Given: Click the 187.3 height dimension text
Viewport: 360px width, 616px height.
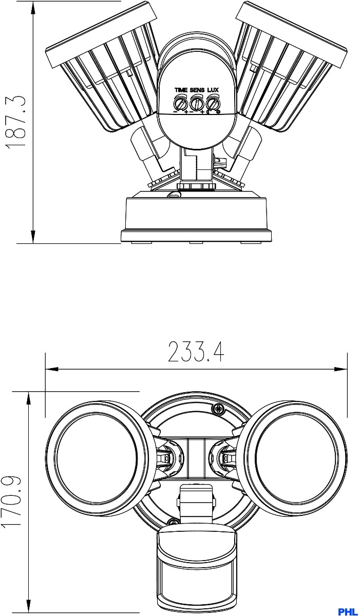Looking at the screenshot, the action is [17, 123].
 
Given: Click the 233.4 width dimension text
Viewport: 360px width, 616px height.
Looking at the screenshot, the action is [196, 352].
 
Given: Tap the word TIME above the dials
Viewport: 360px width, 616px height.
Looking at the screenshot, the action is [181, 90].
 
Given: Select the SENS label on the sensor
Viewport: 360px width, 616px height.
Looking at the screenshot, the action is [197, 90].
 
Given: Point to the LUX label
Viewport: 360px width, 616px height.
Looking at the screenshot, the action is [213, 90].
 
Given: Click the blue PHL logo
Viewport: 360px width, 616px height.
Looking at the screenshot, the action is [349, 611].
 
